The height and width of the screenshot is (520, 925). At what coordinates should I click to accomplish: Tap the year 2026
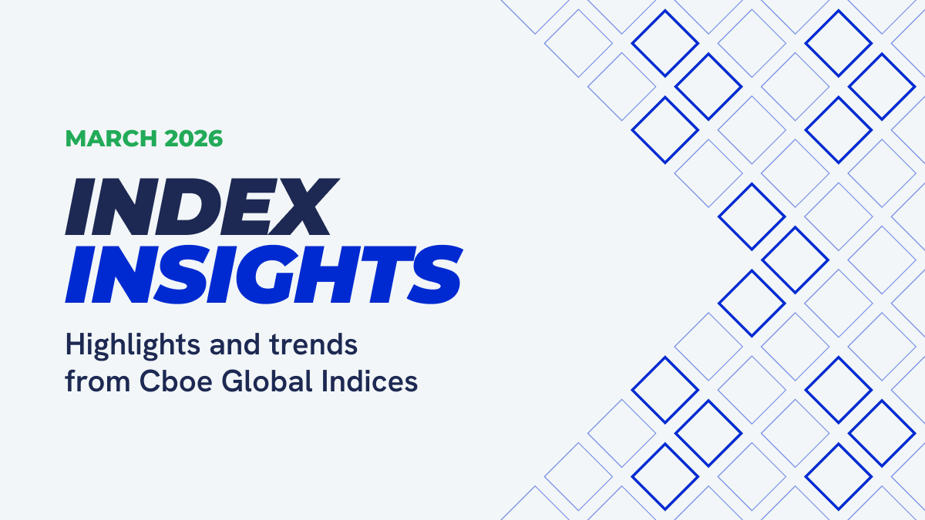point(193,139)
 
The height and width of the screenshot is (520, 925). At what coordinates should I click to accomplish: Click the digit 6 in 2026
point(215,139)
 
